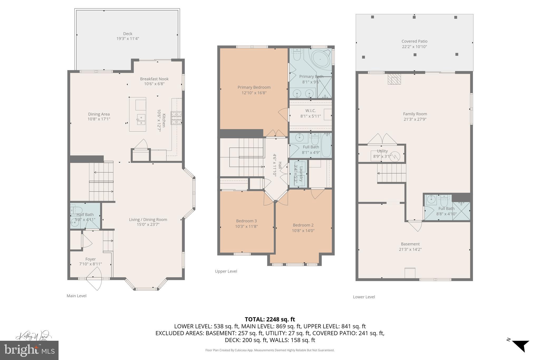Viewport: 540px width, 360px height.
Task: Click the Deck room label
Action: click(x=128, y=33)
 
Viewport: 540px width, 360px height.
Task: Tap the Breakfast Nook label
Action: click(x=154, y=79)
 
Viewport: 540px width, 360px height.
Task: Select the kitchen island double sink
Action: click(x=141, y=119)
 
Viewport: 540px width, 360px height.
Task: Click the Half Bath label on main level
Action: click(x=85, y=214)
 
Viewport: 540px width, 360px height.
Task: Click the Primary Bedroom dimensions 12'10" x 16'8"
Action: click(x=254, y=93)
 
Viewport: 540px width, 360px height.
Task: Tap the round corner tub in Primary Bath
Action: click(x=320, y=58)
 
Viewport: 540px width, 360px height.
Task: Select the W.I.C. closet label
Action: click(x=310, y=111)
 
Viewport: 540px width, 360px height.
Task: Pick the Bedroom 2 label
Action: click(x=303, y=225)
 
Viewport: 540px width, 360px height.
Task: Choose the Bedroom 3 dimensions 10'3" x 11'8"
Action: click(x=246, y=226)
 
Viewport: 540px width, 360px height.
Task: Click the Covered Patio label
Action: click(x=414, y=41)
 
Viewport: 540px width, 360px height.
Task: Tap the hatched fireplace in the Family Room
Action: click(x=394, y=79)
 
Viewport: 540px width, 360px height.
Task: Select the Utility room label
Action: click(x=382, y=151)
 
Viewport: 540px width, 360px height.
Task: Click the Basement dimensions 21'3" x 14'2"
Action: click(x=410, y=249)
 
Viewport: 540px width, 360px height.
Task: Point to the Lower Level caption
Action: click(x=364, y=297)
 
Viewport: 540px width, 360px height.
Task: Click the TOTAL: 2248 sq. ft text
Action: click(x=270, y=319)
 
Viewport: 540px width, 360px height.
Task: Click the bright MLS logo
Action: click(x=29, y=350)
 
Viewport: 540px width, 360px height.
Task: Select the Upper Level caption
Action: click(x=226, y=271)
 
